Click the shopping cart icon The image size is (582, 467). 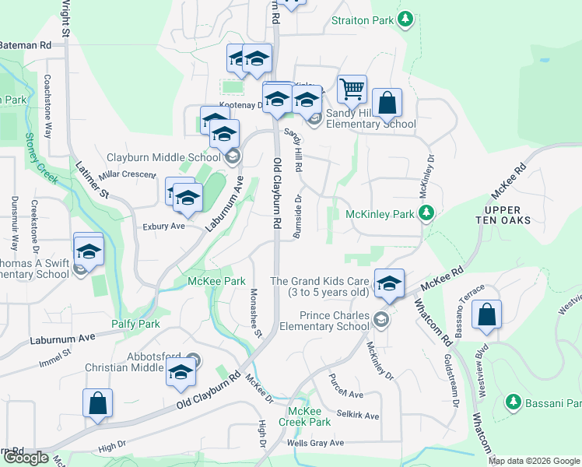point(352,90)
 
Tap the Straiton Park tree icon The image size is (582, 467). point(404,19)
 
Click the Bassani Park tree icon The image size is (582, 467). point(513,402)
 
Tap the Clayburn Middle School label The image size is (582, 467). point(165,157)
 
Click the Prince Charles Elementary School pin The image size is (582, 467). point(381,319)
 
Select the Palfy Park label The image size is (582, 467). point(141,324)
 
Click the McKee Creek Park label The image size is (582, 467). point(310,416)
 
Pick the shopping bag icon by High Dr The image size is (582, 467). point(98,404)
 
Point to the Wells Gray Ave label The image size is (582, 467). point(315,443)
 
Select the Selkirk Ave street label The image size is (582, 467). point(358,416)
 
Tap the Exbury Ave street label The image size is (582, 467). point(163,226)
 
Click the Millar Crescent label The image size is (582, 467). point(128,176)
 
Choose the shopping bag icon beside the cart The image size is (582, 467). point(387,103)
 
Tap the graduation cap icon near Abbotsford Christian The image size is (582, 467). point(181,374)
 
